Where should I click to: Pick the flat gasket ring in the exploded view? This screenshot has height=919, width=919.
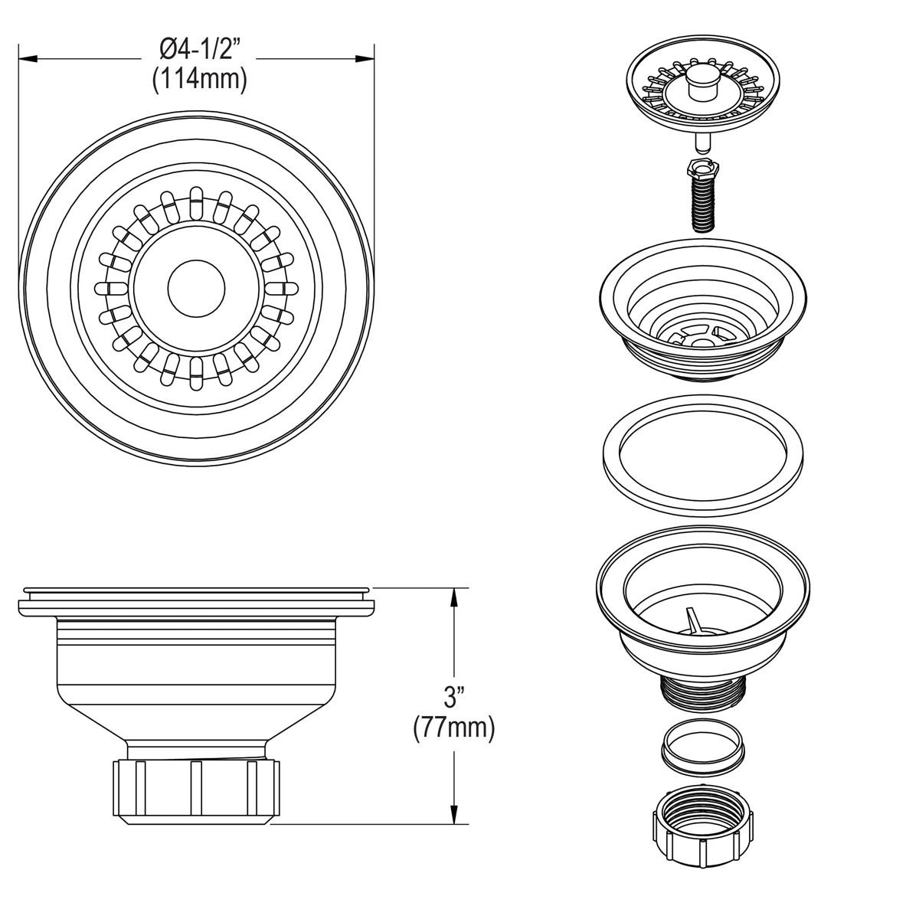(x=702, y=456)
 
